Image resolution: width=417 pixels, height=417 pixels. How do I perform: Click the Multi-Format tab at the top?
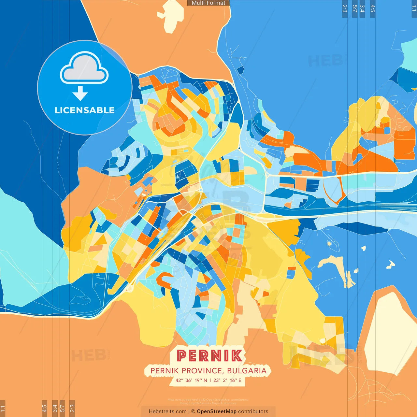pyautogui.click(x=208, y=3)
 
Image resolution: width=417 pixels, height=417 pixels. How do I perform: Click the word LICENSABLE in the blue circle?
pyautogui.click(x=84, y=110)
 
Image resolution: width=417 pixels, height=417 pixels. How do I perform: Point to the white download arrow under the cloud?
pyautogui.click(x=80, y=93)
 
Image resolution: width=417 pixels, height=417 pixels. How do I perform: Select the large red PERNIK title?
pyautogui.click(x=209, y=356)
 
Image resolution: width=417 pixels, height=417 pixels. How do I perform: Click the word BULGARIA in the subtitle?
pyautogui.click(x=247, y=371)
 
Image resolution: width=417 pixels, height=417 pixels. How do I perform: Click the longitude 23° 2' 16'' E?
pyautogui.click(x=227, y=380)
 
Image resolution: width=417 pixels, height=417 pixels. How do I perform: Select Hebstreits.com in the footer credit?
pyautogui.click(x=167, y=411)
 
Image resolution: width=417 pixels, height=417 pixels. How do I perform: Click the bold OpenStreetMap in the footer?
pyautogui.click(x=216, y=411)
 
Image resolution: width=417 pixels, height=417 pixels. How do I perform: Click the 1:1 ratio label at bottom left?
pyautogui.click(x=3, y=408)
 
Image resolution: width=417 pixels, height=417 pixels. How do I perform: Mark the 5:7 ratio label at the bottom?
pyautogui.click(x=62, y=408)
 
